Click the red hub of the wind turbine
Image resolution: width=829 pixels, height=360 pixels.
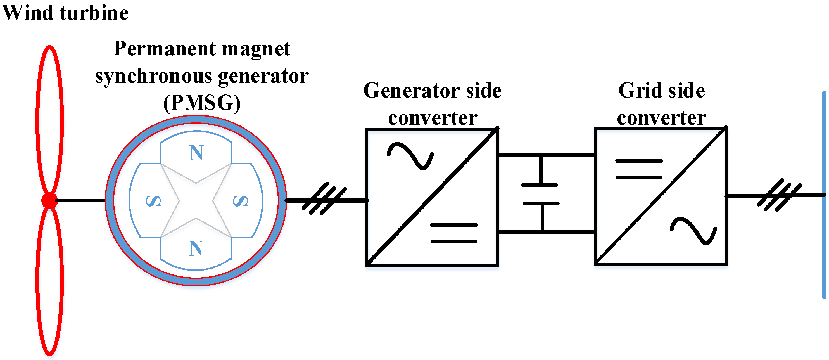pos(49,200)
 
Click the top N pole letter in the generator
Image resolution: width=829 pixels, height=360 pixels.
pos(196,153)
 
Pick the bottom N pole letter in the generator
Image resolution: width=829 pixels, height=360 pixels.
pos(196,248)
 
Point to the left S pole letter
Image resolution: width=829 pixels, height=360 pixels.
pos(153,201)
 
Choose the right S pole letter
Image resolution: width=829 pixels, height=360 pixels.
pos(240,201)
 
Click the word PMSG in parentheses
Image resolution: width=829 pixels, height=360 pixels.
pos(202,103)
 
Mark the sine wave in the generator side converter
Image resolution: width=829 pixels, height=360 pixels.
pos(410,156)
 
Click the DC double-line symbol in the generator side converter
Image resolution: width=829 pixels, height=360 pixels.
pos(454,233)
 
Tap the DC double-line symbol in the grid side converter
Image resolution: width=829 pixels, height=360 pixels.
pos(639,169)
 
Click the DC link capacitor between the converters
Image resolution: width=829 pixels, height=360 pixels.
pos(541,194)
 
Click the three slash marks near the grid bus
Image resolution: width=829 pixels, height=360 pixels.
pos(779,195)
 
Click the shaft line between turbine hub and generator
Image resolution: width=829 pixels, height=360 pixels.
pos(80,200)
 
